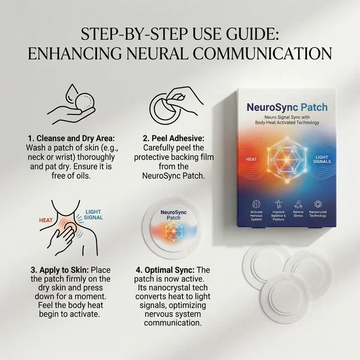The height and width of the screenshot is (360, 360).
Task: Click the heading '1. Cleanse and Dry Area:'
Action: tap(71, 138)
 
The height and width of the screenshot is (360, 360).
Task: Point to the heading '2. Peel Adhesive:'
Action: tap(174, 138)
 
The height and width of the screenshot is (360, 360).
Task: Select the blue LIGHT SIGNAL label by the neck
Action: tap(94, 215)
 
